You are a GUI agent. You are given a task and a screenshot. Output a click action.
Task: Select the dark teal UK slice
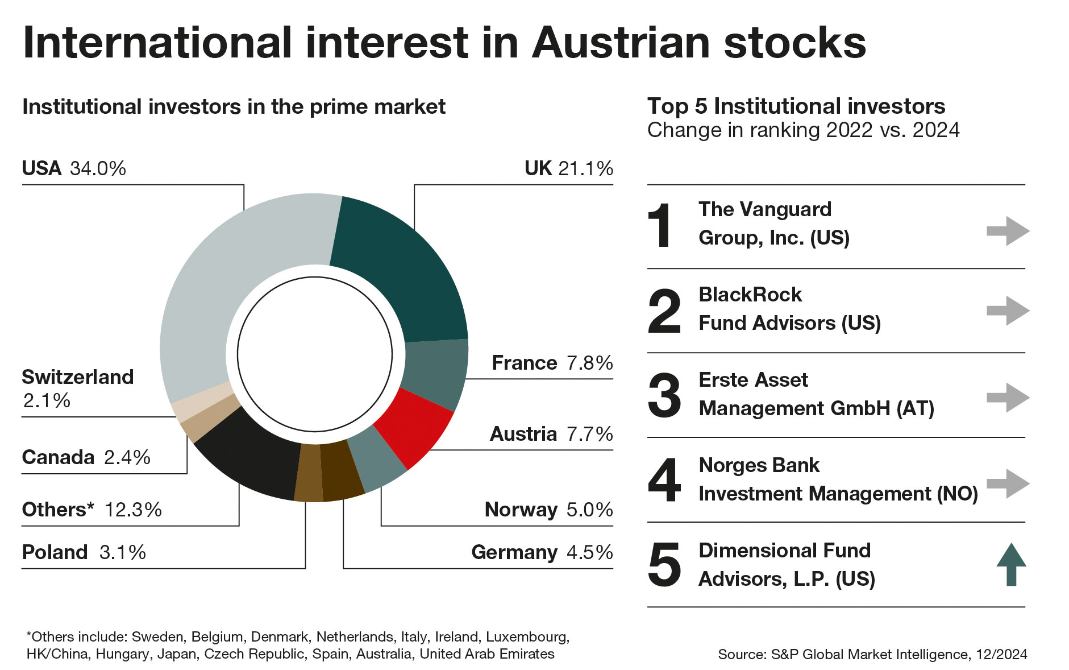(404, 267)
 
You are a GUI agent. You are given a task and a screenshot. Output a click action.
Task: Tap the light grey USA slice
(227, 284)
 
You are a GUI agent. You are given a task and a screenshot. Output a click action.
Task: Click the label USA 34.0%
(74, 168)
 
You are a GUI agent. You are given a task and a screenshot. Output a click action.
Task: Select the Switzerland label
(77, 378)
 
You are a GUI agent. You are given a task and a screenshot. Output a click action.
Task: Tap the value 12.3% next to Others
(134, 510)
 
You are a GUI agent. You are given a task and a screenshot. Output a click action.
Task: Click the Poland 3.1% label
(84, 552)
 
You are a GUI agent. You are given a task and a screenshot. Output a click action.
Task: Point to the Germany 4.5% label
(542, 552)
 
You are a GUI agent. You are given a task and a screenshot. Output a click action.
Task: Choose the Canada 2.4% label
(86, 457)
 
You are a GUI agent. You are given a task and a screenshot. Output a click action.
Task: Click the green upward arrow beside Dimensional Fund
(1011, 564)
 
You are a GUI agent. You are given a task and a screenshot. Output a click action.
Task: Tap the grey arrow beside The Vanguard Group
(1008, 231)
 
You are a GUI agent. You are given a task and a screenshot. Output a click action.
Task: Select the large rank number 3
(664, 396)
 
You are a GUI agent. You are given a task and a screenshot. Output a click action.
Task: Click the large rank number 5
(664, 565)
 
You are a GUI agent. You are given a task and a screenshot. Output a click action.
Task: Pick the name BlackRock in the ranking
(750, 295)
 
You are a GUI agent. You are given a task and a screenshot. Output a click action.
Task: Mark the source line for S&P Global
(872, 654)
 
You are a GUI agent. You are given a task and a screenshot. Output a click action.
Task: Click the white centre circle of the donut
(315, 354)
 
